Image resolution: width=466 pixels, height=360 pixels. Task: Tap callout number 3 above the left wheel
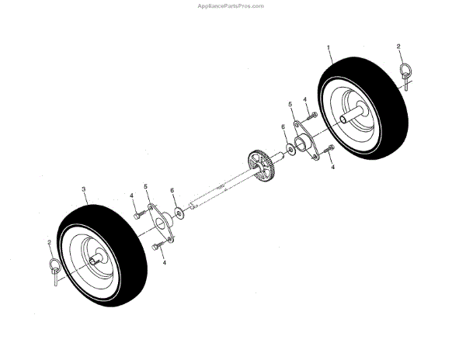tap(83, 189)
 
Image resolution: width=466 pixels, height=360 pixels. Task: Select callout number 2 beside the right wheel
tap(399, 47)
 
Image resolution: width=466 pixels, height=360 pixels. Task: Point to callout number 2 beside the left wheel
tap(50, 242)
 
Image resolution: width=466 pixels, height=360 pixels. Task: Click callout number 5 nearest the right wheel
tap(290, 103)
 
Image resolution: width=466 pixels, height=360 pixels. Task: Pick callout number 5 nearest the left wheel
tap(145, 187)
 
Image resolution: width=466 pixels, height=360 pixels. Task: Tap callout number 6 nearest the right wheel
tap(283, 126)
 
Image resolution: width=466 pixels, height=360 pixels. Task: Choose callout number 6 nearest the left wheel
tap(172, 190)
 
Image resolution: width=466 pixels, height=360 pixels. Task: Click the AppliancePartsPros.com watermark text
tap(232, 5)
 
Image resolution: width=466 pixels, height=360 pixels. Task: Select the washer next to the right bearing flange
tap(289, 147)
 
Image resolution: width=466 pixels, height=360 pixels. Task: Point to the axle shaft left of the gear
tap(217, 189)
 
